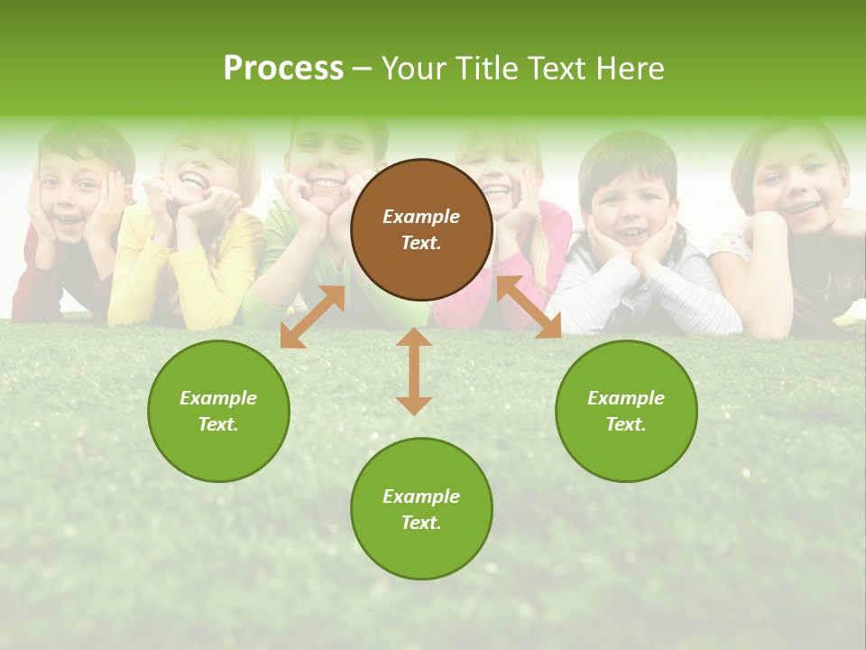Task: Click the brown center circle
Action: click(x=421, y=230)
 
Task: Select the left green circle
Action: click(x=218, y=411)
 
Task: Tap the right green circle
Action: click(x=626, y=411)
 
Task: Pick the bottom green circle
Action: click(x=421, y=509)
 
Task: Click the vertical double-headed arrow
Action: click(x=414, y=371)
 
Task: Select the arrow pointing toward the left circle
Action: click(x=312, y=317)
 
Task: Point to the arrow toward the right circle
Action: click(x=529, y=307)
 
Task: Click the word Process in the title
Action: click(x=283, y=68)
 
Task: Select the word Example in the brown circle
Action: click(x=421, y=217)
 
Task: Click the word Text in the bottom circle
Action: click(x=419, y=523)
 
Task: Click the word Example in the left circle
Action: click(x=218, y=398)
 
